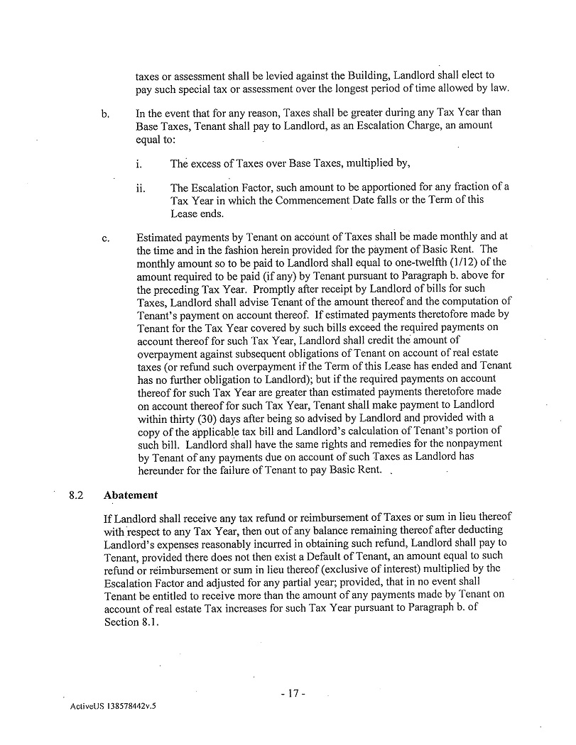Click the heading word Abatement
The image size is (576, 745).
131,495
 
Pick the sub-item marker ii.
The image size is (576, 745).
140,188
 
